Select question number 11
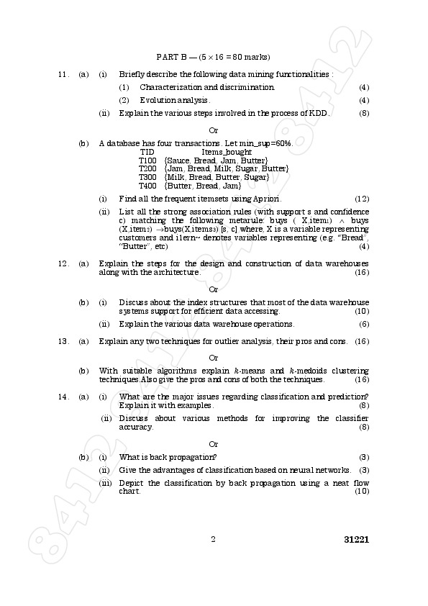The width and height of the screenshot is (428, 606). tap(63, 74)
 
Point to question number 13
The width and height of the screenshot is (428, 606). tap(63, 340)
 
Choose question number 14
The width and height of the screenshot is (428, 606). tap(63, 397)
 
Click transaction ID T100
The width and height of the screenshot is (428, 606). tap(147, 160)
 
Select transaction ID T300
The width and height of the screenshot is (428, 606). tap(147, 177)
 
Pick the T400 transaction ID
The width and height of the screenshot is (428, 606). tap(147, 186)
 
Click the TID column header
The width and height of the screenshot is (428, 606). tap(147, 152)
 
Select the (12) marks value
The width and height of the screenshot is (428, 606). tap(362, 199)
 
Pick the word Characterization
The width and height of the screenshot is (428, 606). tap(170, 87)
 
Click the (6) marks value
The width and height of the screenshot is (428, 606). tap(364, 324)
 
